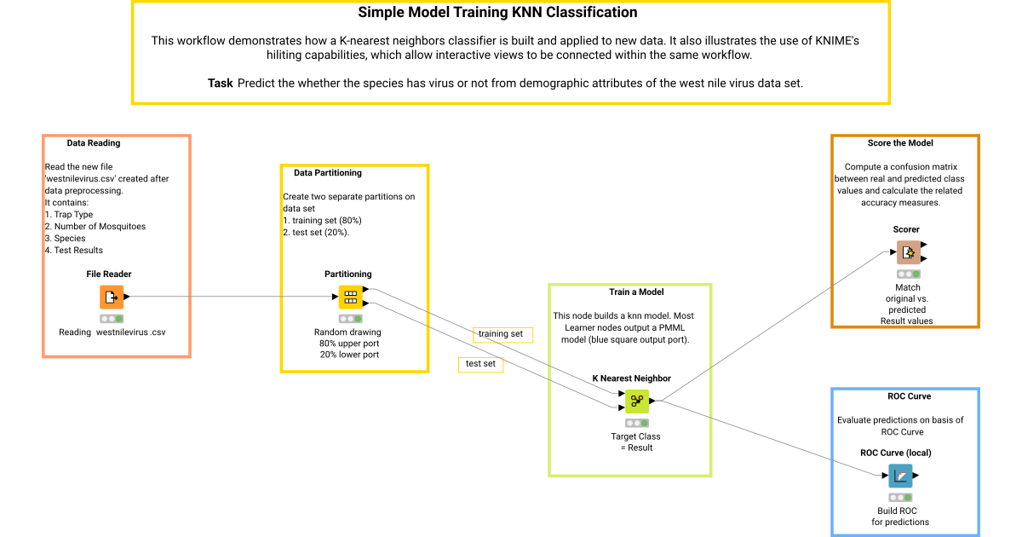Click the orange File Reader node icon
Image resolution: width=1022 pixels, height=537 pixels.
(x=112, y=297)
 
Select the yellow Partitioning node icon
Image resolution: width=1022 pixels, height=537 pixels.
(x=350, y=297)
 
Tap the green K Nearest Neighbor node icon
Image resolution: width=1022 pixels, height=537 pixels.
(x=637, y=401)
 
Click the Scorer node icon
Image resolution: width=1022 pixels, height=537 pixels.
(x=909, y=252)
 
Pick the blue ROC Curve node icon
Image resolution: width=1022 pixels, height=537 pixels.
(x=901, y=476)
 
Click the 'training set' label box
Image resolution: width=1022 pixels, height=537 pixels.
(x=502, y=335)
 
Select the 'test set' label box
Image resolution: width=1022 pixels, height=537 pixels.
(x=481, y=365)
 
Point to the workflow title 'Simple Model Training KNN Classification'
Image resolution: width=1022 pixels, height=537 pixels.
(x=497, y=12)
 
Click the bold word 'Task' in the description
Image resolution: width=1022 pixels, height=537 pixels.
(x=221, y=84)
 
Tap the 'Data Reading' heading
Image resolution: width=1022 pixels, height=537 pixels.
(x=94, y=143)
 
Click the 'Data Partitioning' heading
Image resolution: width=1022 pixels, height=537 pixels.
(x=328, y=172)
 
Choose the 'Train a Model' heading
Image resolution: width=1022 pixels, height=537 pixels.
(x=636, y=292)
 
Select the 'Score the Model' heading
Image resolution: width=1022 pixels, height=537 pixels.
(x=900, y=143)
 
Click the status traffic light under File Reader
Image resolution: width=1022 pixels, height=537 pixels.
(x=112, y=319)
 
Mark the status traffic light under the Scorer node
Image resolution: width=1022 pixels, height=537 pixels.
(x=909, y=274)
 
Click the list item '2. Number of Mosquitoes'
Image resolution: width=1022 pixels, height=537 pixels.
(x=95, y=227)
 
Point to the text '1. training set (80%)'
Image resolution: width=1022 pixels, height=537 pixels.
(x=322, y=221)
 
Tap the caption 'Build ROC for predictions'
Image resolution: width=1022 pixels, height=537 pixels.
(x=899, y=517)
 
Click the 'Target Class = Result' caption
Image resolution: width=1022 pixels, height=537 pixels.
(x=636, y=442)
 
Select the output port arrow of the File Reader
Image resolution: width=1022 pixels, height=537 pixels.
(x=127, y=297)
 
